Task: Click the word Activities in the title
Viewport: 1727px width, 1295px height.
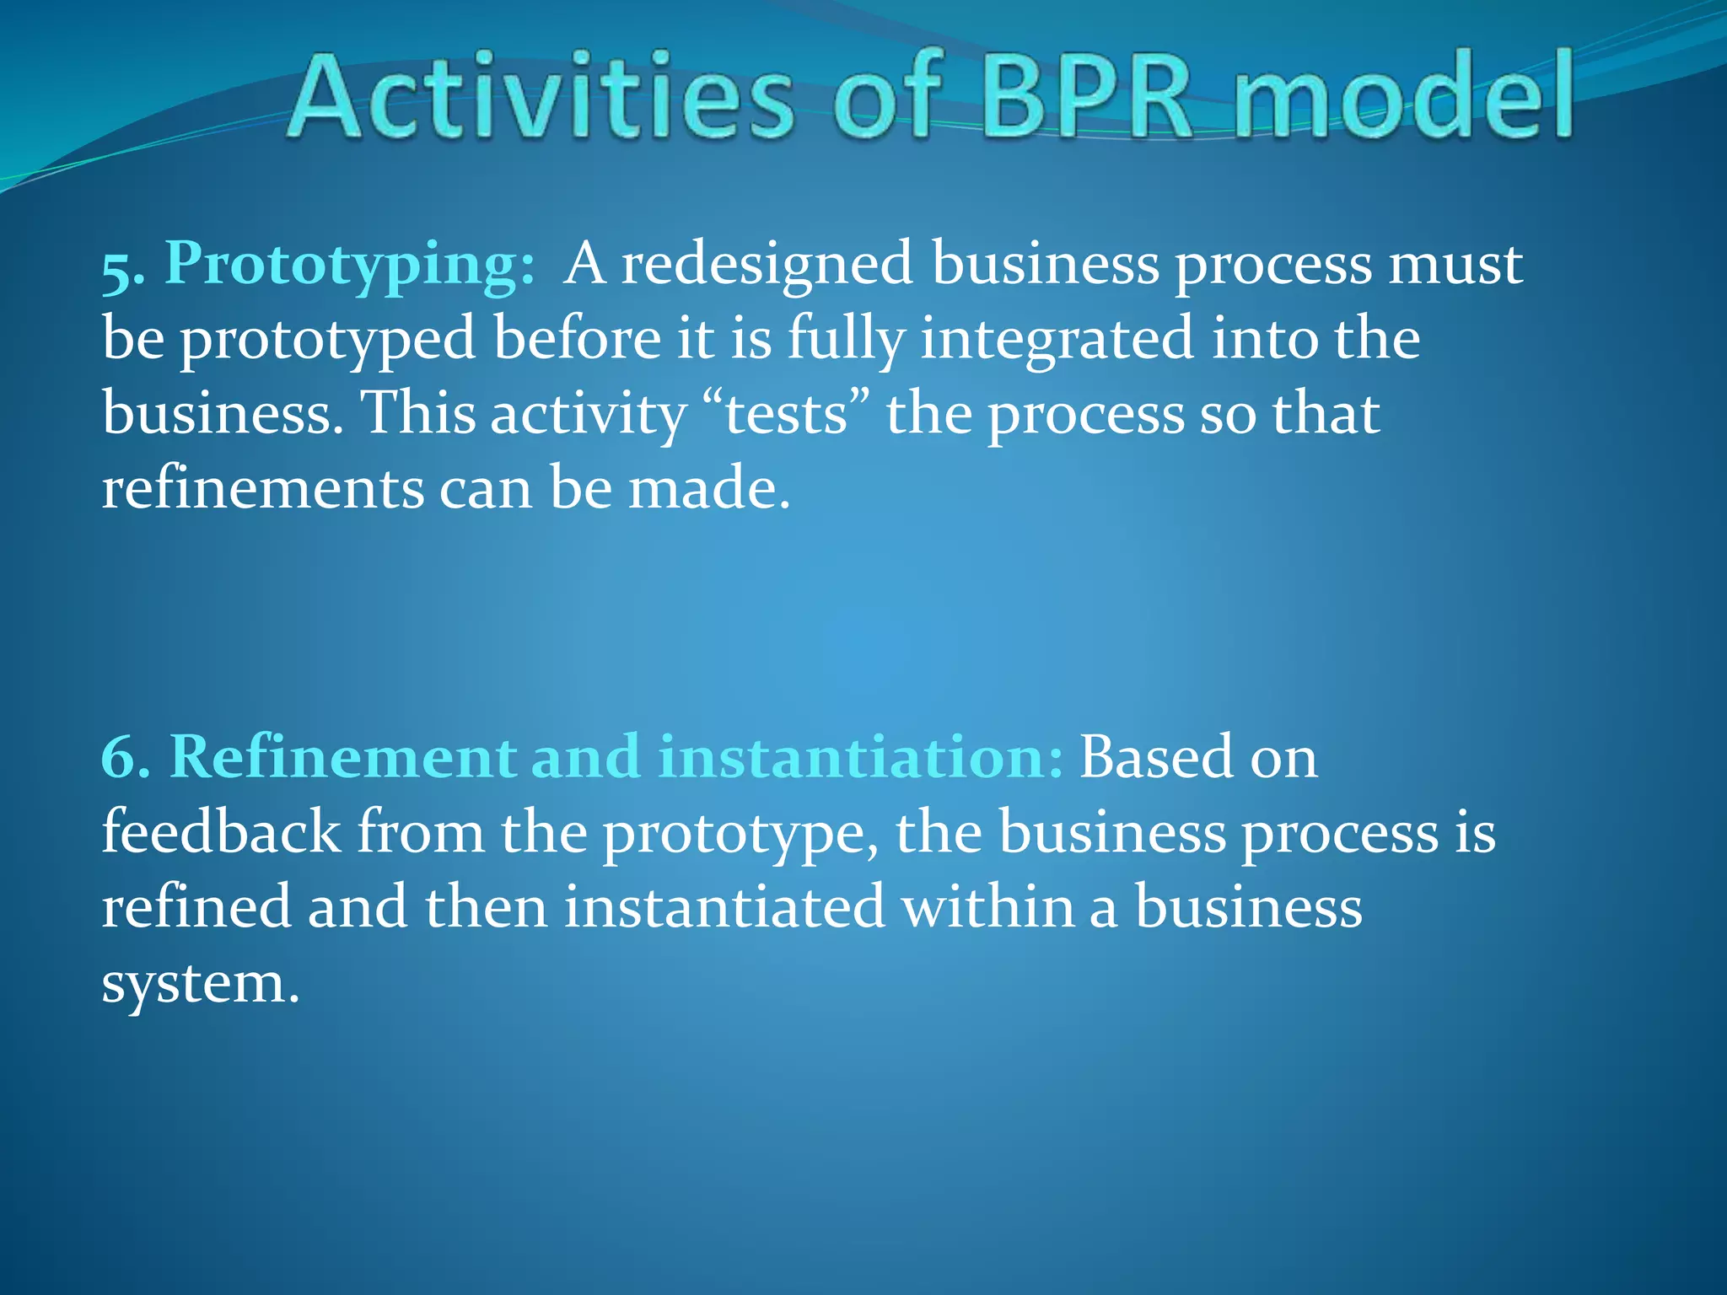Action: pos(540,97)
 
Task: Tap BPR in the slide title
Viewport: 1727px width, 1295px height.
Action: pos(1088,97)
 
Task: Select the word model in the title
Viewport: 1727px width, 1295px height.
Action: pos(1404,97)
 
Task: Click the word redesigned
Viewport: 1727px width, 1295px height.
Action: pos(767,264)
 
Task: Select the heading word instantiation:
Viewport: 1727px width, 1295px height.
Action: pos(860,757)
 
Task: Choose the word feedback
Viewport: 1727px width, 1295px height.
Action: pos(221,833)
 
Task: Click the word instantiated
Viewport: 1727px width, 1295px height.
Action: pos(724,907)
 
